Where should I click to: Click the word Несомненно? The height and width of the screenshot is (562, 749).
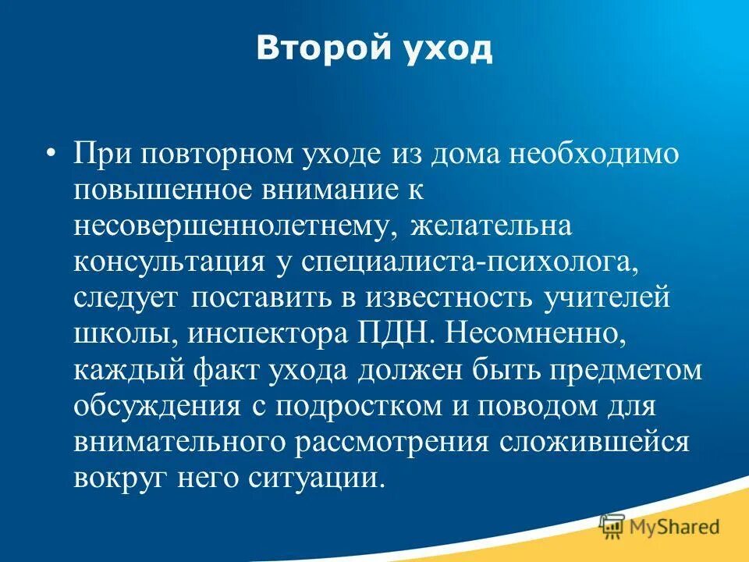click(534, 333)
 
